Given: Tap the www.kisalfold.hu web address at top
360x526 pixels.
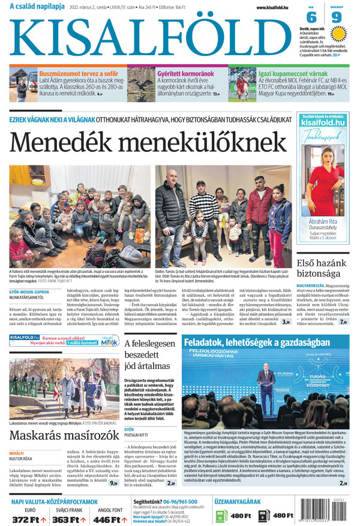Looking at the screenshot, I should click(272, 7).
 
